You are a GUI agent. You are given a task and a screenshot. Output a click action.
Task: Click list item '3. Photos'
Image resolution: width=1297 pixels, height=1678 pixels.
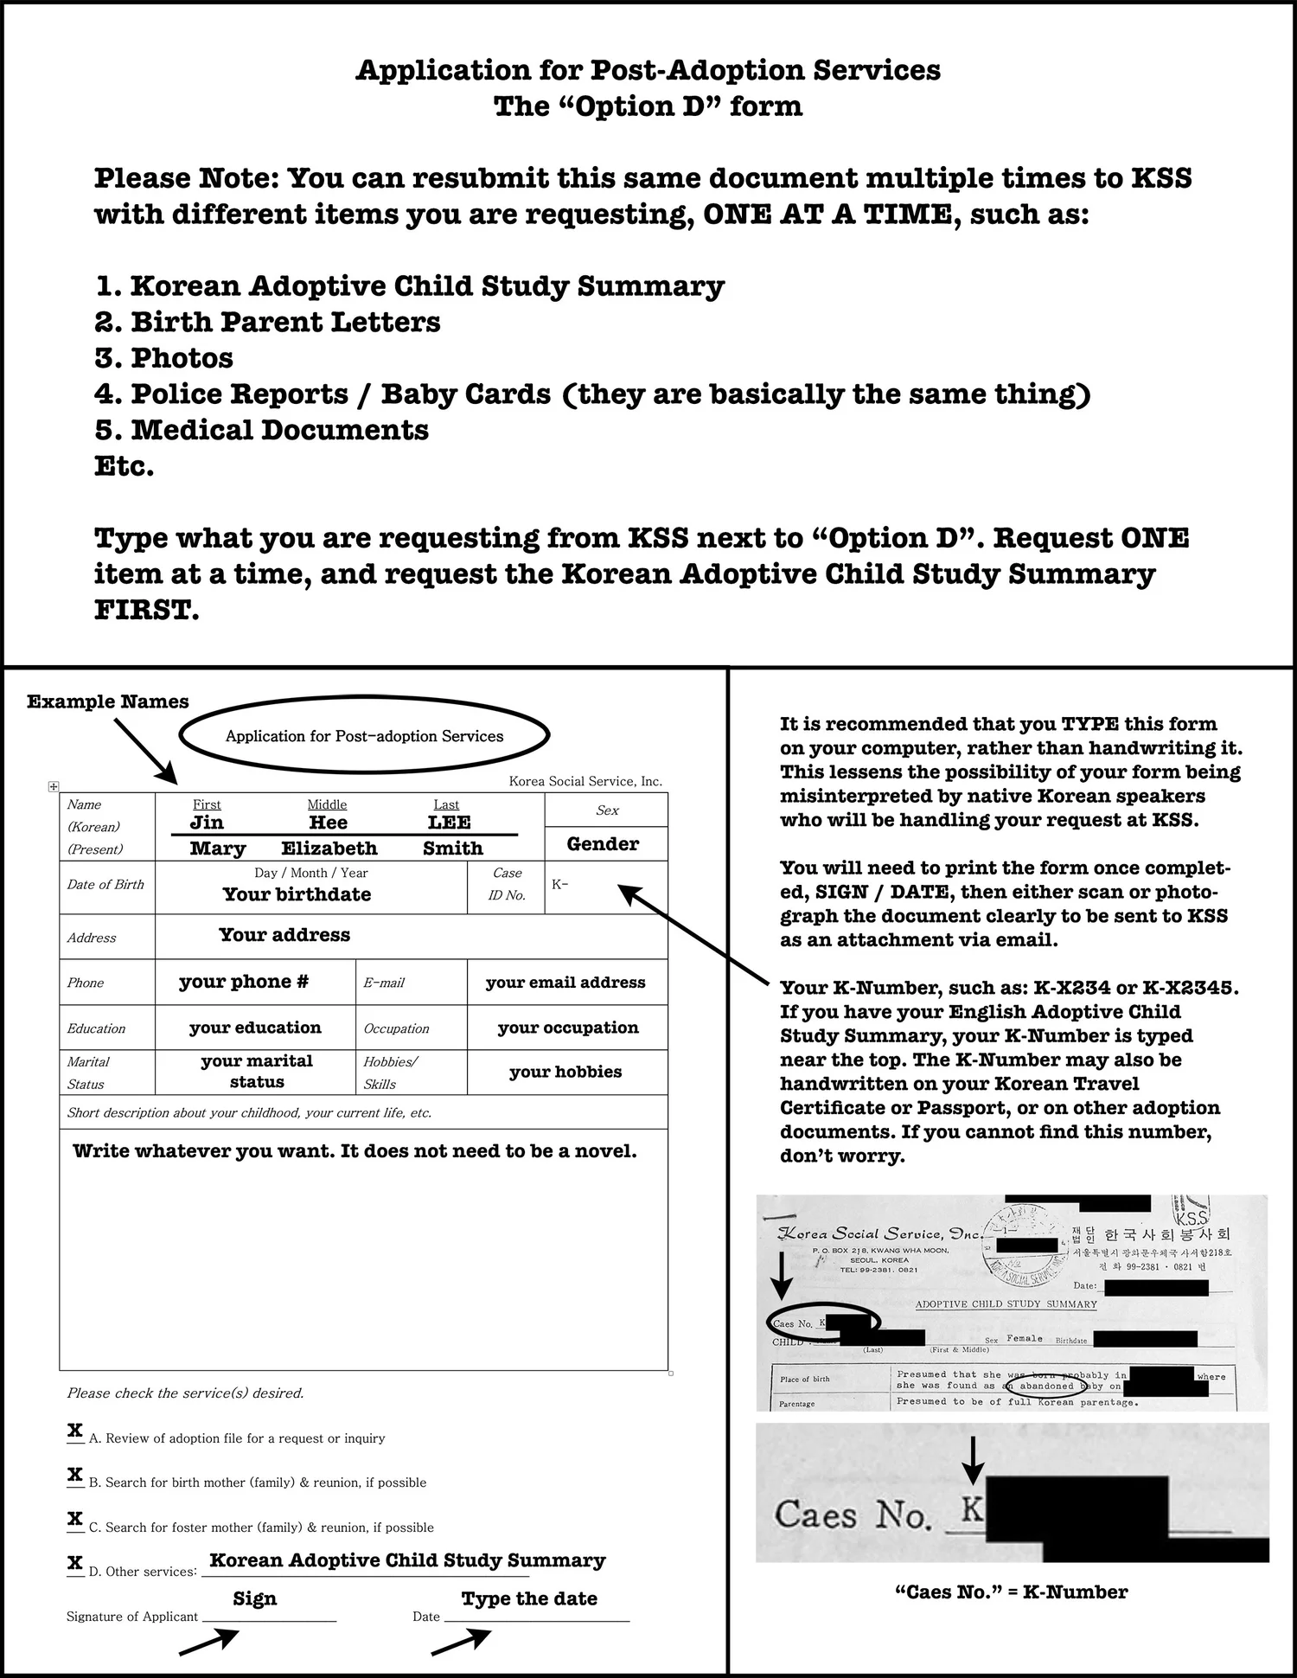coord(163,358)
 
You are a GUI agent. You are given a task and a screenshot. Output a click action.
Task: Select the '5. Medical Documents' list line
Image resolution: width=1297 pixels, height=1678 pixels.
coord(261,430)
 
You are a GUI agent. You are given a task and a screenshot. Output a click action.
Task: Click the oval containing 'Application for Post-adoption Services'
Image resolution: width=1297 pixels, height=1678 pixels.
coord(364,736)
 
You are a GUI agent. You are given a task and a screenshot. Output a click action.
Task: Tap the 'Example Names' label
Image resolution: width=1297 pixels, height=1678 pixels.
coord(107,701)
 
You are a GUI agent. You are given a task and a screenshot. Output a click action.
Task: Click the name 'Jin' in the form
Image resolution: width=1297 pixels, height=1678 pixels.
coord(207,823)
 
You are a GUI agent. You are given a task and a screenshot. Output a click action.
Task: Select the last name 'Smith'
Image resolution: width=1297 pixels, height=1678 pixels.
coord(452,849)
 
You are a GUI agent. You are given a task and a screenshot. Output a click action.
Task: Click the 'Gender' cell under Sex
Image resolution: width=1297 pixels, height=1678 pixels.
coord(603,844)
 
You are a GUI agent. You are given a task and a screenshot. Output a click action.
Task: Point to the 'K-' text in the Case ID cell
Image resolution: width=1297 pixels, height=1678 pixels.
coord(559,885)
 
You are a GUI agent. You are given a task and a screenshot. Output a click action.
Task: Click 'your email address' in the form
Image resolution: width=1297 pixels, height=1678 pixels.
coord(565,983)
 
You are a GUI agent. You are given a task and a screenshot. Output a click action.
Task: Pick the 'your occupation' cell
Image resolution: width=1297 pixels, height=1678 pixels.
coord(567,1028)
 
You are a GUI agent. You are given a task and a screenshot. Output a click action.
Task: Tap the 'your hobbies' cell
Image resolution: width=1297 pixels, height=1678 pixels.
coord(565,1072)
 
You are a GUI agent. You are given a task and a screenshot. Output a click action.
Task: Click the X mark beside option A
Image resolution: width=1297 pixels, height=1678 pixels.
coord(75,1431)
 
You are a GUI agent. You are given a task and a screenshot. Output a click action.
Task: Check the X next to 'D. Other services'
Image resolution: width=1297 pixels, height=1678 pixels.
coord(75,1563)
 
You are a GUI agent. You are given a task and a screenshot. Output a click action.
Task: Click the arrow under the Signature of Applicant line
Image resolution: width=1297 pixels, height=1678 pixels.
coord(209,1642)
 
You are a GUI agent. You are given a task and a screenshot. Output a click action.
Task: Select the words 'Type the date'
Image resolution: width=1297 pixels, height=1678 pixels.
coord(529,1598)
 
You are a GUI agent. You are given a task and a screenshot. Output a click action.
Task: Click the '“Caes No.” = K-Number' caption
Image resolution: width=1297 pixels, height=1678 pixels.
coord(1011,1592)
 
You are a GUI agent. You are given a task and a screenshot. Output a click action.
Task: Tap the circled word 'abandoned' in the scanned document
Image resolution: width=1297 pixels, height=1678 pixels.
coord(1046,1386)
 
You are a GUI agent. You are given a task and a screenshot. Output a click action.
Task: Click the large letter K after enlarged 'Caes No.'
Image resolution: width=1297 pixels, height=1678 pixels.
coord(972,1509)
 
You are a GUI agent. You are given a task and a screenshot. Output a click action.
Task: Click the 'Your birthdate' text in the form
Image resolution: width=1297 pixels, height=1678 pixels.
coord(297,894)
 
